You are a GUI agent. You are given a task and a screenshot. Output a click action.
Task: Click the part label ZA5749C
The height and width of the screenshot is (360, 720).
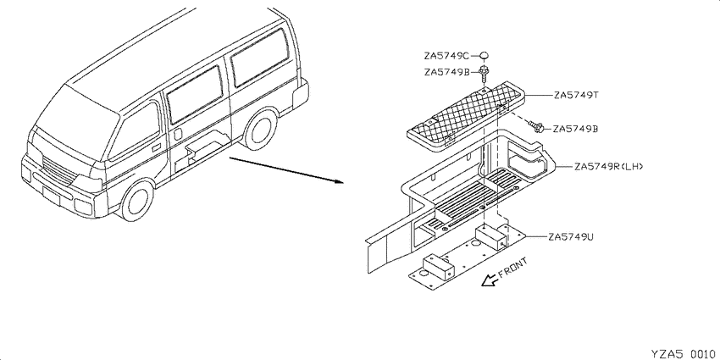[446, 56]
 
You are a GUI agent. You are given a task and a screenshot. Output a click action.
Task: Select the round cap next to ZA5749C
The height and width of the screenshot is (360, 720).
[484, 56]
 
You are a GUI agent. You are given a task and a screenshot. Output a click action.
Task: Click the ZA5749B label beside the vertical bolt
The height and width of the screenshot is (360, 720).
[446, 72]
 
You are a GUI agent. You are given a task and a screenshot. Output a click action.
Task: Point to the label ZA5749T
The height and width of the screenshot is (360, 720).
[576, 96]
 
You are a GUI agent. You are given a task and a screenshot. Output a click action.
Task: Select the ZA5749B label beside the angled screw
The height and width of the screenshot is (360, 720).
[576, 129]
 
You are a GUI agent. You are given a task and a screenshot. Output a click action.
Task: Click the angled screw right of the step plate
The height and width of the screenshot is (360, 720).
[537, 126]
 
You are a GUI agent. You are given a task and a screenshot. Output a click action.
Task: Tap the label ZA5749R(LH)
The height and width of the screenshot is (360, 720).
[608, 166]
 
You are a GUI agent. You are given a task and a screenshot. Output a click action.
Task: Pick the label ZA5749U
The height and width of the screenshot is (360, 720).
[571, 237]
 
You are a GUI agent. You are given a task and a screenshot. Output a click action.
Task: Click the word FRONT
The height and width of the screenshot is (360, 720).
[513, 267]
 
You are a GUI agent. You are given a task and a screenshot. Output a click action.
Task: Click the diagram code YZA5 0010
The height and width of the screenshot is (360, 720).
[683, 353]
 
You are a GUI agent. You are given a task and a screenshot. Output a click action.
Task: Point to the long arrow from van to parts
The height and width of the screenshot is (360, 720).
[287, 170]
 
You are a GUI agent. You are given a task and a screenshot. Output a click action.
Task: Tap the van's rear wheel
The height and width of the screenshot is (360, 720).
[260, 129]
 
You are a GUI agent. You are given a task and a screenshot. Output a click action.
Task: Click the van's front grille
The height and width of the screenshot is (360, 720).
[58, 171]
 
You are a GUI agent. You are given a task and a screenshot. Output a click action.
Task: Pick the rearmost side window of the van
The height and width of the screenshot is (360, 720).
[260, 57]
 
